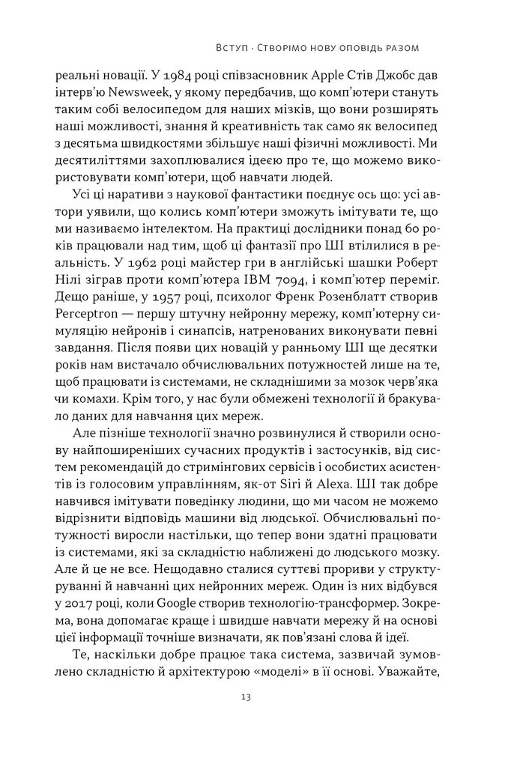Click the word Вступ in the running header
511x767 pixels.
click(222, 47)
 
